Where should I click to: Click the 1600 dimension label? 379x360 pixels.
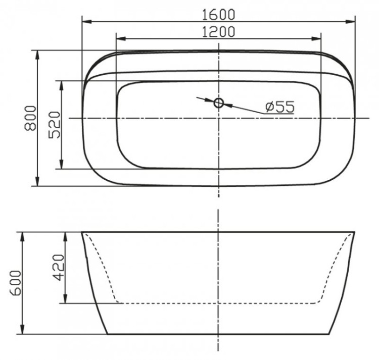click(x=218, y=14)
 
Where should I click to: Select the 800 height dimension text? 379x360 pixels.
click(x=30, y=118)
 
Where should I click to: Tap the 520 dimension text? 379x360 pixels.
click(x=55, y=125)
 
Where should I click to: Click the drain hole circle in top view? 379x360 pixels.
click(x=218, y=103)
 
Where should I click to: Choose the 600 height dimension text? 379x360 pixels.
click(x=16, y=283)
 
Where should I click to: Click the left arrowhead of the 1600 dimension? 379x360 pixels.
click(x=85, y=22)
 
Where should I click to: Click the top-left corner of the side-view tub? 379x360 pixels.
click(x=82, y=233)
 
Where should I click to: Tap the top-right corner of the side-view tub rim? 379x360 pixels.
click(x=354, y=233)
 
